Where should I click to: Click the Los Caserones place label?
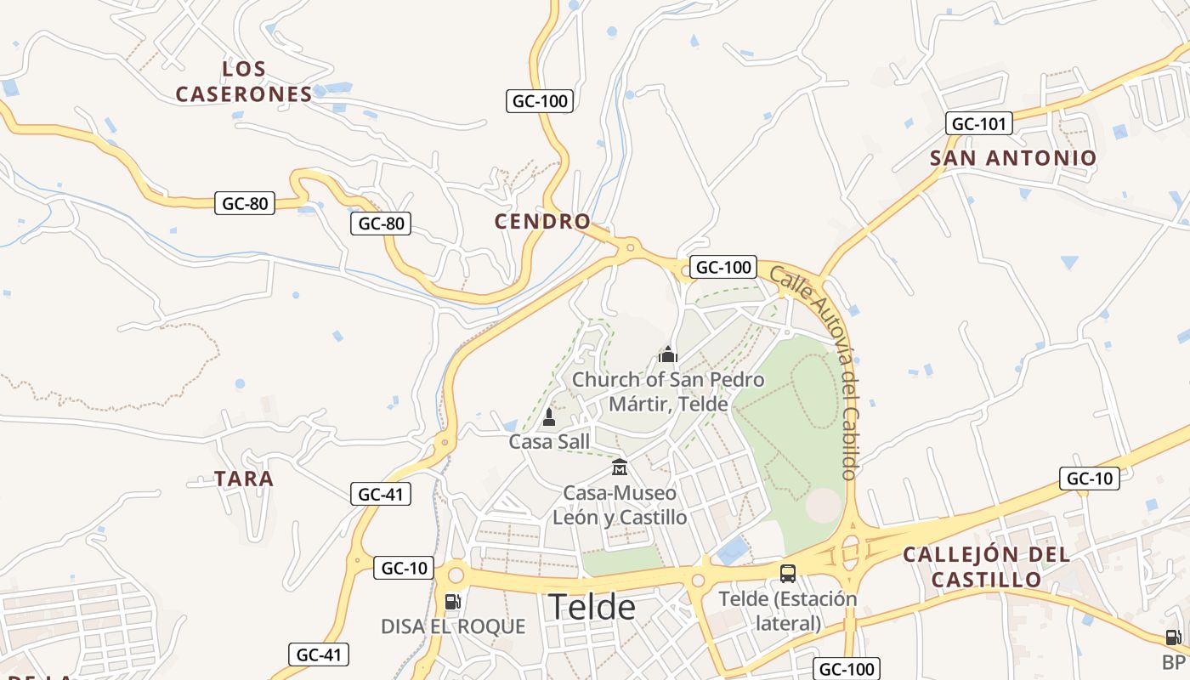[x=244, y=82]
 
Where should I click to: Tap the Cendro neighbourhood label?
[x=542, y=222]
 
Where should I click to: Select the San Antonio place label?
[x=1013, y=158]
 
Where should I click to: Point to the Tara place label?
[x=244, y=479]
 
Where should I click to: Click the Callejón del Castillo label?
[x=986, y=567]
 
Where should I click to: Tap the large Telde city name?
[x=592, y=607]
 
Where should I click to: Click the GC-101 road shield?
[x=978, y=124]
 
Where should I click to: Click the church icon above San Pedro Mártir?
[x=668, y=354]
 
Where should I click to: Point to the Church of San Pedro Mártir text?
[x=668, y=391]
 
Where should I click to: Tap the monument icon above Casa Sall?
[x=549, y=417]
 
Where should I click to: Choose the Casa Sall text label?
[x=549, y=442]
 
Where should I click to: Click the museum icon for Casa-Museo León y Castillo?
[x=620, y=467]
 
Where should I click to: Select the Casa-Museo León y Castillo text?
[x=620, y=505]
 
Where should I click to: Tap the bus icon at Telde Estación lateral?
[x=788, y=573]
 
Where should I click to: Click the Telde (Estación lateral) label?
[x=788, y=610]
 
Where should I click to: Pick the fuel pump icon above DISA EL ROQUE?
[x=453, y=602]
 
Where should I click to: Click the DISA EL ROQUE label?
[x=453, y=627]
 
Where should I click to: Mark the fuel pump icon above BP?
[x=1173, y=637]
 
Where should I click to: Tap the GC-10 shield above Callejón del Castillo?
[x=1089, y=479]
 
